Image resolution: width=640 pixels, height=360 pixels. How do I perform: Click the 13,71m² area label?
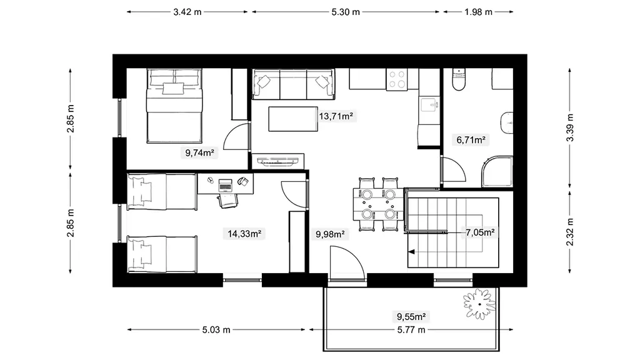click(336, 116)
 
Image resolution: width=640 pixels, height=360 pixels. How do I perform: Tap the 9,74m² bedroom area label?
click(200, 152)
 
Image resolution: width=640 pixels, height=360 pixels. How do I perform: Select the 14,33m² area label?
click(244, 234)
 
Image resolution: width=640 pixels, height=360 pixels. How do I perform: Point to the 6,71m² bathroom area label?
click(471, 140)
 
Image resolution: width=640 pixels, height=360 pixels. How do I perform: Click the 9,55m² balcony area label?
click(411, 316)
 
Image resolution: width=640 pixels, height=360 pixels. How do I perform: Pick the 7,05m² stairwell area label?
click(480, 232)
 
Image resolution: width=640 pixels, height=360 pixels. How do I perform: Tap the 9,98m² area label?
click(330, 234)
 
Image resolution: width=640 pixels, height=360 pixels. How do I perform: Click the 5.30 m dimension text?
click(346, 12)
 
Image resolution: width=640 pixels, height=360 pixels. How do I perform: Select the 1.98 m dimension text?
click(478, 12)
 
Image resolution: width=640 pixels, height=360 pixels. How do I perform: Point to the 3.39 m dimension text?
click(570, 127)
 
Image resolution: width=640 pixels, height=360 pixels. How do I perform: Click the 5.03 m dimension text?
click(216, 330)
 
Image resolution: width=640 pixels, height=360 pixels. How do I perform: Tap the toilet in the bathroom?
click(459, 79)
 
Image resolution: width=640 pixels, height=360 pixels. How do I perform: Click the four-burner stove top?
click(397, 79)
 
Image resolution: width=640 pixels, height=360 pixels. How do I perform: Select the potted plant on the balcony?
click(479, 304)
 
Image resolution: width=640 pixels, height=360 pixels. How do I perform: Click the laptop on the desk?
click(225, 185)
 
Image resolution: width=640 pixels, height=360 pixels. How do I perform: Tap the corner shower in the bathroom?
click(497, 171)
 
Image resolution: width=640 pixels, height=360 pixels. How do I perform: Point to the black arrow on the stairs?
click(411, 252)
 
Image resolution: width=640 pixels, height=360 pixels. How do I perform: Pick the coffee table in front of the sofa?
click(293, 119)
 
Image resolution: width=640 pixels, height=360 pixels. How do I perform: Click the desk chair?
click(227, 201)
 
